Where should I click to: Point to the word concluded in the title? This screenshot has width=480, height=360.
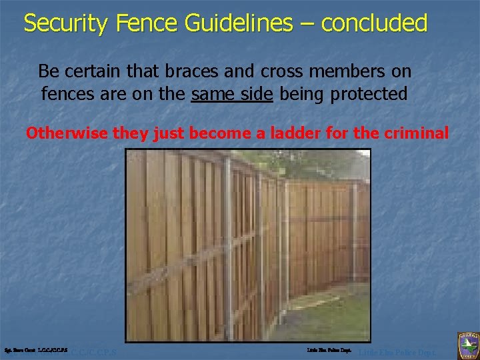(x=374, y=23)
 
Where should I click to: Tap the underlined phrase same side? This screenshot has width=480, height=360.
(x=231, y=94)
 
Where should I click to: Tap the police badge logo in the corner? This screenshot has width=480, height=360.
(x=467, y=345)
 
